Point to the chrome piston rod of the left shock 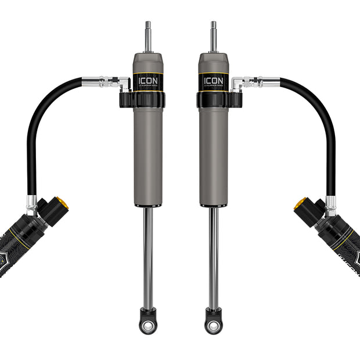(x=148, y=255)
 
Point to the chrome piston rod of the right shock (x=214, y=255)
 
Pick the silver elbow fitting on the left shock (x=123, y=84)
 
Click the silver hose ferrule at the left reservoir (x=32, y=203)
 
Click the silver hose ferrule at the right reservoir (x=330, y=203)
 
